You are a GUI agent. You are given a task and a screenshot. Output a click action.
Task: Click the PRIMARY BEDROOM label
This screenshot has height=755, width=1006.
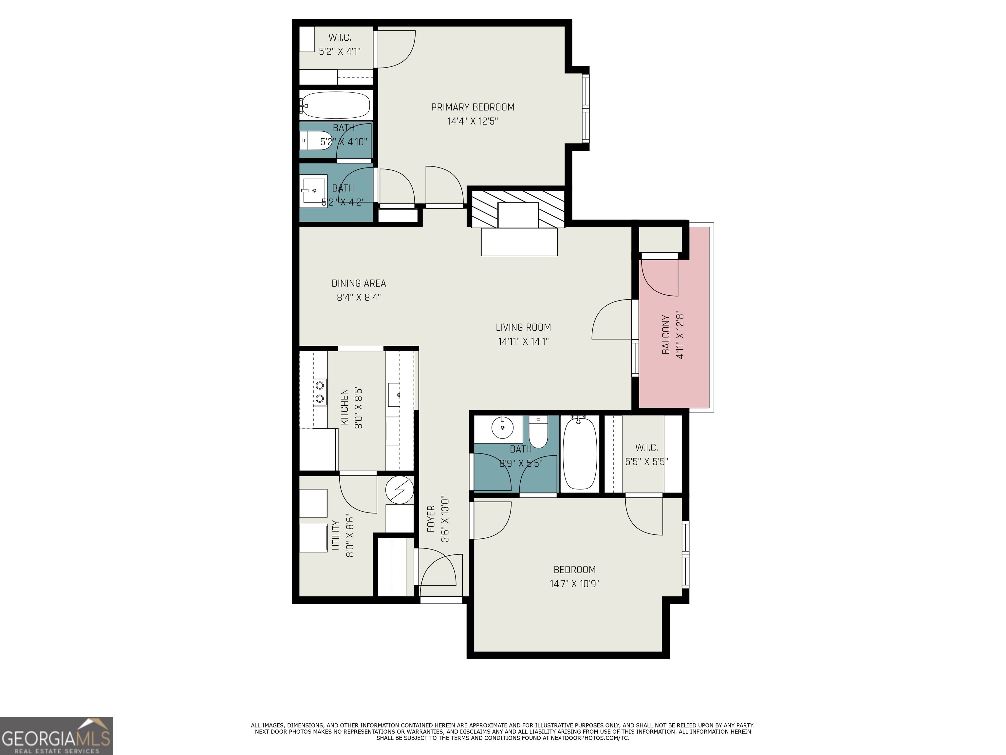click(473, 107)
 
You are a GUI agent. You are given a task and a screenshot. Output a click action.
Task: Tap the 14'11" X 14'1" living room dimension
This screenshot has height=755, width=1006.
click(523, 341)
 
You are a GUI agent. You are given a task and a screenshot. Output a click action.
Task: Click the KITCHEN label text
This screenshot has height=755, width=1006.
click(344, 407)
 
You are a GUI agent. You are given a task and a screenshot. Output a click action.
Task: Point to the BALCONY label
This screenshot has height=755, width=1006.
click(666, 335)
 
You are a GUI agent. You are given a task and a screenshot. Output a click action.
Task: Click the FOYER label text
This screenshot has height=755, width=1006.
click(431, 519)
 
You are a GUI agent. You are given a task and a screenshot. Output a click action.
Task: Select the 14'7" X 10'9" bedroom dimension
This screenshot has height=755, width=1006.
click(574, 583)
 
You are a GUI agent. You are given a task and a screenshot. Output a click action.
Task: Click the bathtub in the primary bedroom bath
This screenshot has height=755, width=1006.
click(337, 106)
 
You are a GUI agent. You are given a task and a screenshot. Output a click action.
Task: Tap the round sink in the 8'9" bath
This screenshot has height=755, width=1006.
click(502, 428)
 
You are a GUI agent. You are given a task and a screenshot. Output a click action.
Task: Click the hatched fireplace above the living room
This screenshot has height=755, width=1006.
click(518, 208)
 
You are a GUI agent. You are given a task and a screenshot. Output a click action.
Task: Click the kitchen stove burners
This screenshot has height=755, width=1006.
click(320, 392)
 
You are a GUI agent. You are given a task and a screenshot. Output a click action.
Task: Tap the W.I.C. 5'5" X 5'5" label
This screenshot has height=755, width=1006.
click(646, 454)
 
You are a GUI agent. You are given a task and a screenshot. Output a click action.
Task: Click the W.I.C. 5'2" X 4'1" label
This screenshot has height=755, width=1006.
click(339, 44)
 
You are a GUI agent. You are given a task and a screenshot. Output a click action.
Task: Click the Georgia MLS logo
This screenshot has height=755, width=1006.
click(56, 736)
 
